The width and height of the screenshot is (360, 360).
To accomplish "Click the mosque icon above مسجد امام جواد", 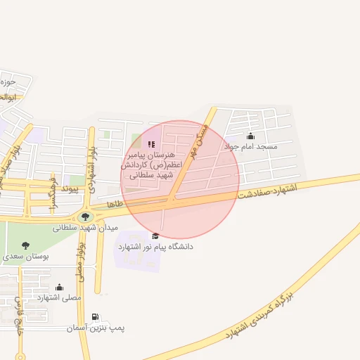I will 251,136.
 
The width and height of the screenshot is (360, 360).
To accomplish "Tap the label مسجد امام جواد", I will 251,147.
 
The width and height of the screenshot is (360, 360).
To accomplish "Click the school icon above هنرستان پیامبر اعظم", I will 151,144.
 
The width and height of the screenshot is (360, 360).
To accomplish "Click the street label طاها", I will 115,203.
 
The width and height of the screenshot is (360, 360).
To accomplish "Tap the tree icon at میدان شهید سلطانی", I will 86,217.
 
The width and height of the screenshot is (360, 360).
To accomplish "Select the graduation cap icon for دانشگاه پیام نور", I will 155,236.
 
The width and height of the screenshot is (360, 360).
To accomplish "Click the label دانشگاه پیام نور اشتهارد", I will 155,247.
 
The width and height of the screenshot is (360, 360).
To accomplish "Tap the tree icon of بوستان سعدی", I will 26,246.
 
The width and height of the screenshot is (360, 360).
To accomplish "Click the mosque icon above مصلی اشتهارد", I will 59,287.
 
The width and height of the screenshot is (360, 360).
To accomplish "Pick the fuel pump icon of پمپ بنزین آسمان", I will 95,318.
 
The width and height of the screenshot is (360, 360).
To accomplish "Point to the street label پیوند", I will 72,188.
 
